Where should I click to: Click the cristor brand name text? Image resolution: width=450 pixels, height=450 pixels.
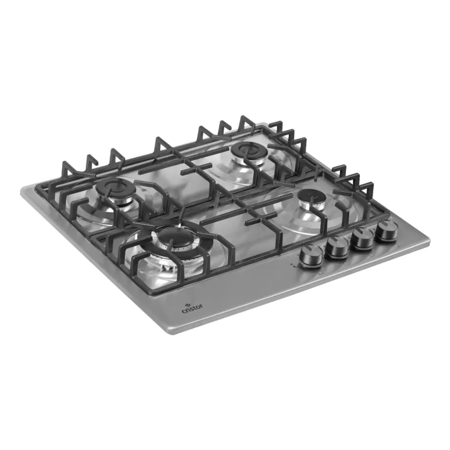192,309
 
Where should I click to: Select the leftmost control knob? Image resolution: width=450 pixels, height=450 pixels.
310,256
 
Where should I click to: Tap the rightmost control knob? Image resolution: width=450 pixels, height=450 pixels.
387,230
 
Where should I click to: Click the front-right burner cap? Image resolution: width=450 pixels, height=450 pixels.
312,196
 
